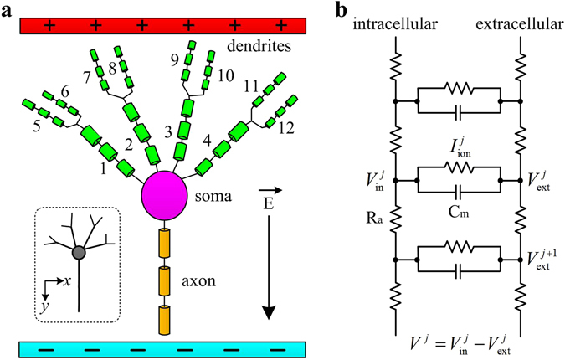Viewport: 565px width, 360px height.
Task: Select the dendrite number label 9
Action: click(x=175, y=59)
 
